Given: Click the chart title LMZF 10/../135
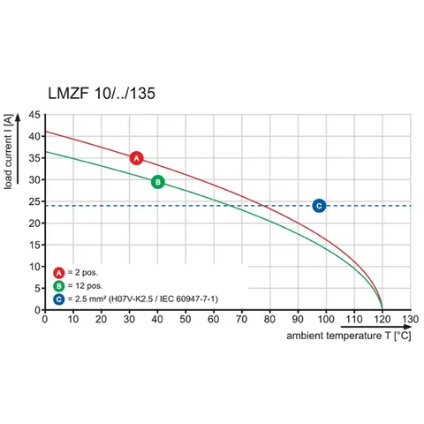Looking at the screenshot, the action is pos(102,94).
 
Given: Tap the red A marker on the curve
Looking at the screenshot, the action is pos(136,158).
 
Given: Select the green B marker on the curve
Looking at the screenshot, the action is pos(158,182).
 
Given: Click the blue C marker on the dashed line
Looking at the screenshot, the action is pos(319,206).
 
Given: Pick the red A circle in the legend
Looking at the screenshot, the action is pos(59,273).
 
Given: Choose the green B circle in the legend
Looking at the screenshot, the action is pos(59,286).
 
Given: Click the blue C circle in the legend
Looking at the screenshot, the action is pos(59,299).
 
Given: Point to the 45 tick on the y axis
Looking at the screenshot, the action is pos(34,115).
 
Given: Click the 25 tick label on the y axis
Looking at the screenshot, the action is pos(34,201).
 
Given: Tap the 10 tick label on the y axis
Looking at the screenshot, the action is pos(34,267).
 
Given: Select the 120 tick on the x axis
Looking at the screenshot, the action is pos(382,319).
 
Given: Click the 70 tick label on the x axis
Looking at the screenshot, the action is pos(241,319).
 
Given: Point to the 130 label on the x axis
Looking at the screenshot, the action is pos(411,319).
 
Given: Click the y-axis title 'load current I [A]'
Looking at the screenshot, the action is pos(8,152).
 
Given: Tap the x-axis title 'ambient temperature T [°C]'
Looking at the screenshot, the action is pos(349,336).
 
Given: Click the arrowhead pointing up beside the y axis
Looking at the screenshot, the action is pos(18,117).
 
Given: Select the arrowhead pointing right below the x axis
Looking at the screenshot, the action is pos(407,327).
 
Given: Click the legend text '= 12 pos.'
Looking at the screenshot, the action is pos(85,286).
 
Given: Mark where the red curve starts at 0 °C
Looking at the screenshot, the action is pos(45,132).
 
